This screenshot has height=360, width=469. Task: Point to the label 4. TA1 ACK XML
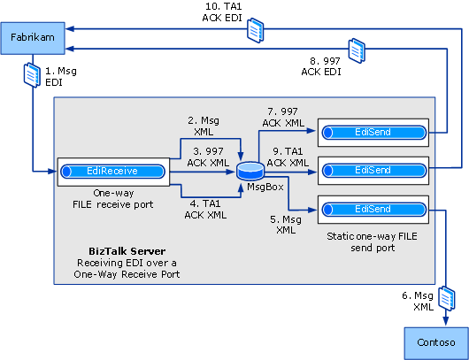[205, 208]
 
